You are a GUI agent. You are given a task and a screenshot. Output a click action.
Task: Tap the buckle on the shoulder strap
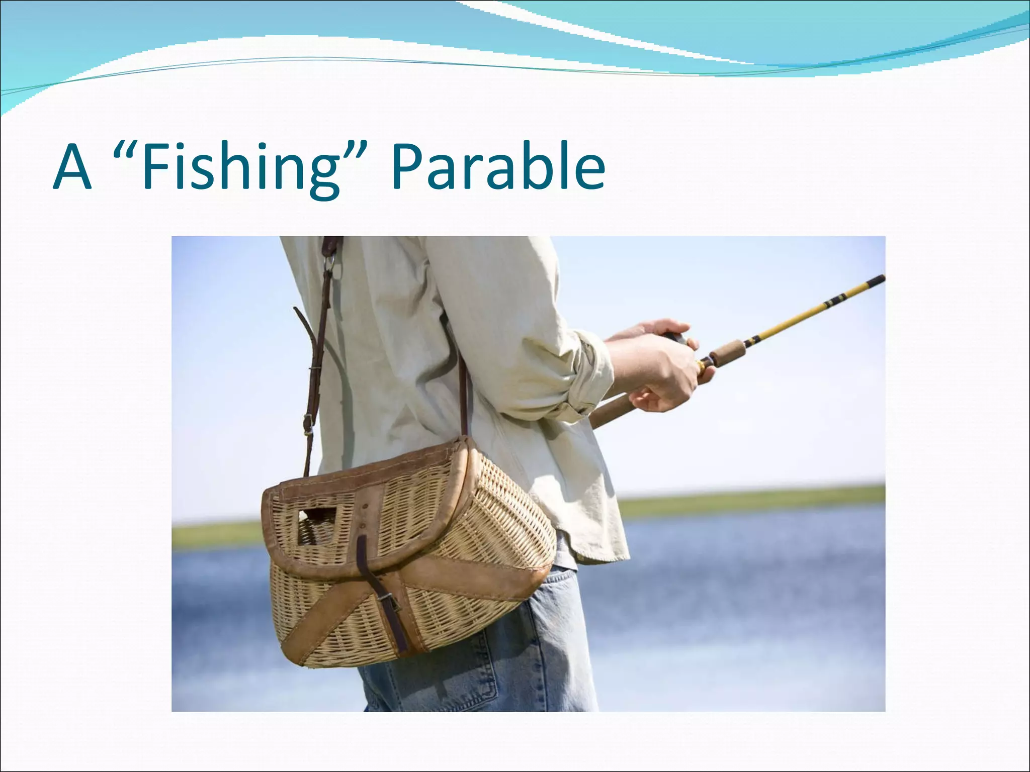[x=307, y=427]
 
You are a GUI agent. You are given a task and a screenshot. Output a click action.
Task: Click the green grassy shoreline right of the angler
[x=754, y=498]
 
